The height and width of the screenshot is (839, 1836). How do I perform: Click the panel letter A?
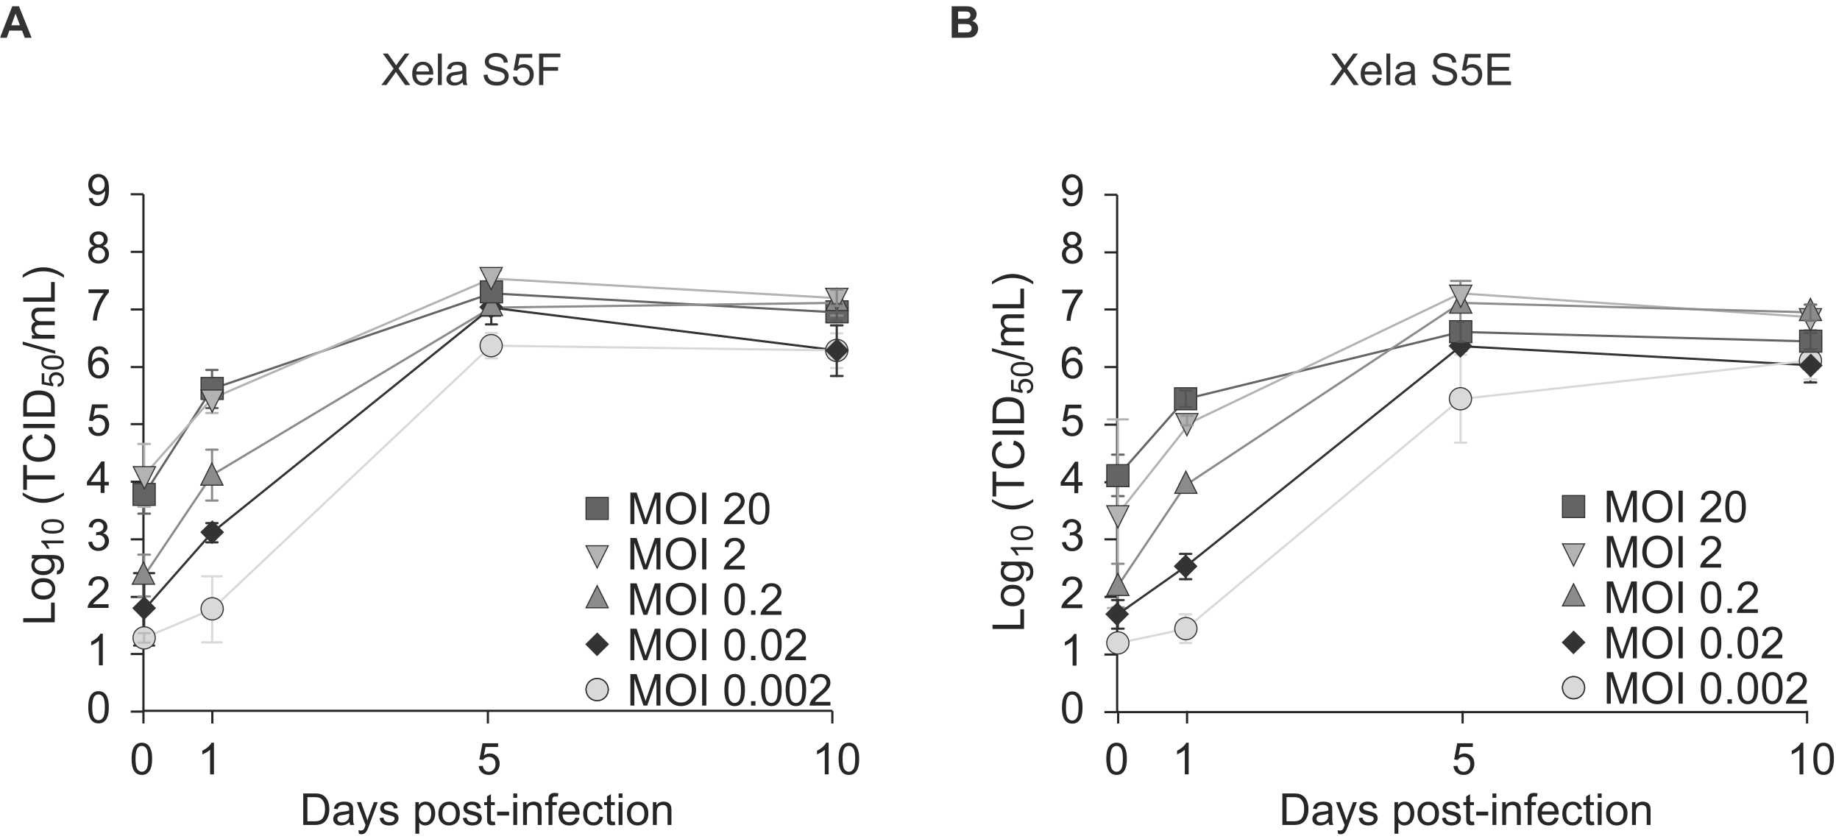click(x=16, y=24)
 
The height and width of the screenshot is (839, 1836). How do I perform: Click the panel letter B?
click(x=964, y=24)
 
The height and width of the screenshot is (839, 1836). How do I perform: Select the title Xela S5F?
click(x=472, y=72)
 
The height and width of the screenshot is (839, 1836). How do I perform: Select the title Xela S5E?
click(x=1420, y=72)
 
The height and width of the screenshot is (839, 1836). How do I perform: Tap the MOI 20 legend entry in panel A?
click(x=677, y=509)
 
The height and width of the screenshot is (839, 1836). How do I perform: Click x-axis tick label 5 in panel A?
click(x=488, y=760)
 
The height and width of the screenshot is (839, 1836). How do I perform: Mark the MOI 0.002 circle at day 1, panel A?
click(x=212, y=609)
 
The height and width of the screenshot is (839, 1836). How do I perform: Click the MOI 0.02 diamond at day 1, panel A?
click(x=212, y=531)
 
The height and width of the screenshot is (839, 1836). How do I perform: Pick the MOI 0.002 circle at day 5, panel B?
click(x=1460, y=399)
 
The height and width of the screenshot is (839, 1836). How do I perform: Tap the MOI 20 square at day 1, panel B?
click(x=1185, y=400)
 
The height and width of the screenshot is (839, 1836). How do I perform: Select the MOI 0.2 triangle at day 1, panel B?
click(x=1185, y=484)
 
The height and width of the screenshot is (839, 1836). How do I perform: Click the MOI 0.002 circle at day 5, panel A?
click(x=491, y=345)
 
